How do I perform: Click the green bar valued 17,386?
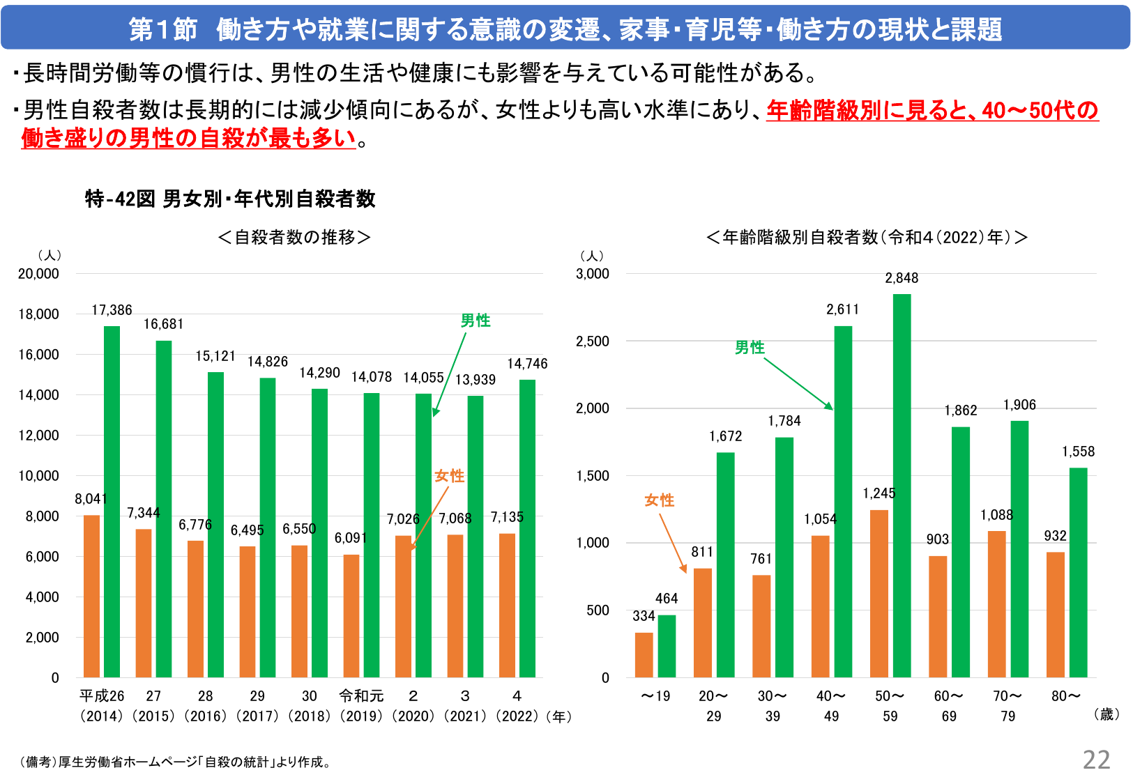point(112,502)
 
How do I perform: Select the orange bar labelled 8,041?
point(91,597)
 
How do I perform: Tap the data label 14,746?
point(527,364)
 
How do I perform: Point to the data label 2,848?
point(902,278)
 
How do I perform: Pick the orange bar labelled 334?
point(644,655)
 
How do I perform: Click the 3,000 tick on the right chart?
point(592,274)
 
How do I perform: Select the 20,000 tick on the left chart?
point(38,274)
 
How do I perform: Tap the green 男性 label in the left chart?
point(476,321)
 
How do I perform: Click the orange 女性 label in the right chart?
point(659,500)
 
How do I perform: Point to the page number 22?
point(1096,760)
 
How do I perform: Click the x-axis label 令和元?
point(361,695)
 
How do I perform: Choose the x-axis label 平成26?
point(102,695)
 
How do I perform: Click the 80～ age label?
point(1066,695)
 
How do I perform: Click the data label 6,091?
point(350,538)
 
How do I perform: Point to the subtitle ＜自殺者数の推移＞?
point(294,238)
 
